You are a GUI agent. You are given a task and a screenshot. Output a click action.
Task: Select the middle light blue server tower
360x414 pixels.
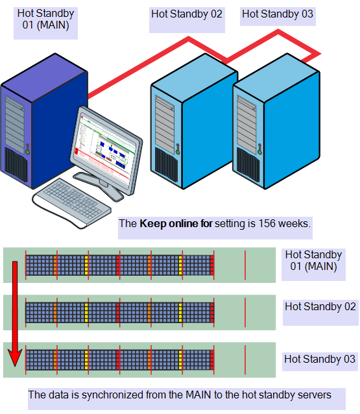(x=194, y=121)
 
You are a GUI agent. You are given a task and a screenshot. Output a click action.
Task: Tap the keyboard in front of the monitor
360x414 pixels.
(x=72, y=202)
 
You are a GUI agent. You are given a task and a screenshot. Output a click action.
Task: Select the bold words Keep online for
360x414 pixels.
(x=176, y=223)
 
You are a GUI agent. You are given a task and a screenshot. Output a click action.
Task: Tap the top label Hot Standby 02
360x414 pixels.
(x=187, y=14)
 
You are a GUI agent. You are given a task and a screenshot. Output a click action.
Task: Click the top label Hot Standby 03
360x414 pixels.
(x=278, y=14)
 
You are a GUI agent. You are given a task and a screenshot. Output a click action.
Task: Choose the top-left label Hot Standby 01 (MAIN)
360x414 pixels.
(x=45, y=19)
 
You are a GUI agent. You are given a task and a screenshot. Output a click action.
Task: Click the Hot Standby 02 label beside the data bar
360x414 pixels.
(x=320, y=306)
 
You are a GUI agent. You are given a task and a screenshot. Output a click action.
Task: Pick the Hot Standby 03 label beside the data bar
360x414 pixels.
(x=320, y=359)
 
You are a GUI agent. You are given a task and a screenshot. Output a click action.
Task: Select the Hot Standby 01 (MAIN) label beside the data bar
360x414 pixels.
(x=313, y=260)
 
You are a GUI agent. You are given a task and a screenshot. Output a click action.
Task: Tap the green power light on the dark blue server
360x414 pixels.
(x=27, y=152)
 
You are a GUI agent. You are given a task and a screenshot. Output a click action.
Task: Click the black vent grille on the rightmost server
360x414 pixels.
(x=248, y=164)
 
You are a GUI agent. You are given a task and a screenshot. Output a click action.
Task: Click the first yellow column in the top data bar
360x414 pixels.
(x=86, y=265)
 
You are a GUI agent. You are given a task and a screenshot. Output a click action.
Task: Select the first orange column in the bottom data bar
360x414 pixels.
(x=55, y=360)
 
